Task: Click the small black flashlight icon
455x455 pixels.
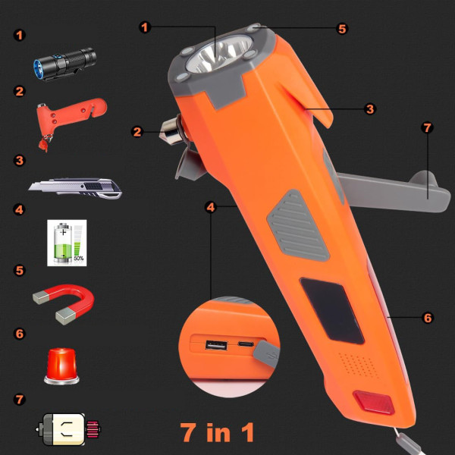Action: tap(64, 64)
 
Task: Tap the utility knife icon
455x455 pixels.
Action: tap(75, 188)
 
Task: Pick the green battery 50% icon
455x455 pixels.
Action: tap(67, 243)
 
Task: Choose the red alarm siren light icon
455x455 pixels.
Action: tap(61, 366)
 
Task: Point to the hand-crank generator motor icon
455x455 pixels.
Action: tap(68, 429)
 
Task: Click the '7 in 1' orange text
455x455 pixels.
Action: tap(217, 432)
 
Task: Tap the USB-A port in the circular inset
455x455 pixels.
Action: tap(216, 345)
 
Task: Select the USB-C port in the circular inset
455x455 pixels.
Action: tap(246, 344)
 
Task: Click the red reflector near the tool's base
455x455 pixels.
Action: tap(374, 402)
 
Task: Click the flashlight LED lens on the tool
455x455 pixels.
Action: tap(220, 55)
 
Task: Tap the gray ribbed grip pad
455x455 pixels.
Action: tap(298, 225)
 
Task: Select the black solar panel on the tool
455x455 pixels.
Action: tap(331, 310)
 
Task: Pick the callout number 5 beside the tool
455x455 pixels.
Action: tap(342, 29)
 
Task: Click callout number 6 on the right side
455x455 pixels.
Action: tap(428, 318)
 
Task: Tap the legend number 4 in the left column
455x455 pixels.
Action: tap(19, 209)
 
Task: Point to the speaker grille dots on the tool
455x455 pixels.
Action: tap(356, 364)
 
